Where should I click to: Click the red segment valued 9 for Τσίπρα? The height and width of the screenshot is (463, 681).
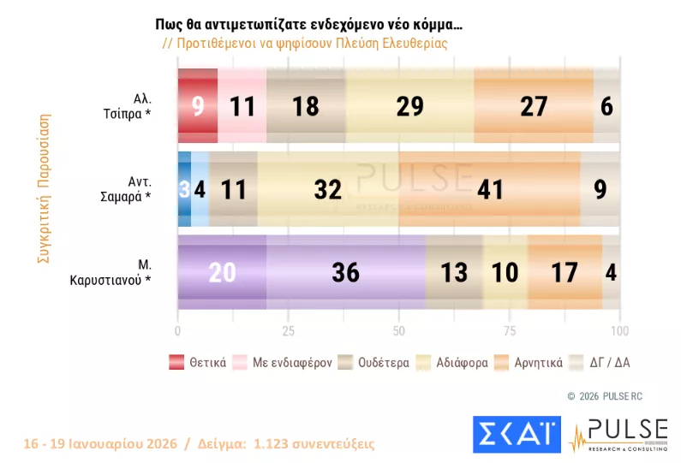point(197,105)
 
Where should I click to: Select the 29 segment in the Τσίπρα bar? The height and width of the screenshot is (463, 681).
point(409,105)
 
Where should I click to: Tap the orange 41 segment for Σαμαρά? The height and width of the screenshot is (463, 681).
point(489,189)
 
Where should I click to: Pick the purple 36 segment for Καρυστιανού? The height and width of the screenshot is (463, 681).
point(346,272)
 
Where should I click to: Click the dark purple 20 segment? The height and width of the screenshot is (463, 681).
point(221,272)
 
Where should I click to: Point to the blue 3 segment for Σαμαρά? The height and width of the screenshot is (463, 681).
point(183,189)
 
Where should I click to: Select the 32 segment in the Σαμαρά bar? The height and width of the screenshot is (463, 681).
point(327,189)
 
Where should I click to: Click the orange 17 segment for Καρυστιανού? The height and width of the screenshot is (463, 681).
point(565,272)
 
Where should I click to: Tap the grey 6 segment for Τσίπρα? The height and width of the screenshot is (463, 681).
point(607,105)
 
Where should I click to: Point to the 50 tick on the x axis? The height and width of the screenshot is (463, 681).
point(398,330)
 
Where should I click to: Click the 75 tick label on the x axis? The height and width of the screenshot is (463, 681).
point(509,330)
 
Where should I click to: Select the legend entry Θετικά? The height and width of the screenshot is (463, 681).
point(198,362)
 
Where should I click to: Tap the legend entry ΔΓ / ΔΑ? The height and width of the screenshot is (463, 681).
point(603,362)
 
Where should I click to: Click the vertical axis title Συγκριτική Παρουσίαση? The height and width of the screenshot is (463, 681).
point(40,188)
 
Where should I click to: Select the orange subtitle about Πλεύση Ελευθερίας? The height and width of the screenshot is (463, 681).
point(306,43)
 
